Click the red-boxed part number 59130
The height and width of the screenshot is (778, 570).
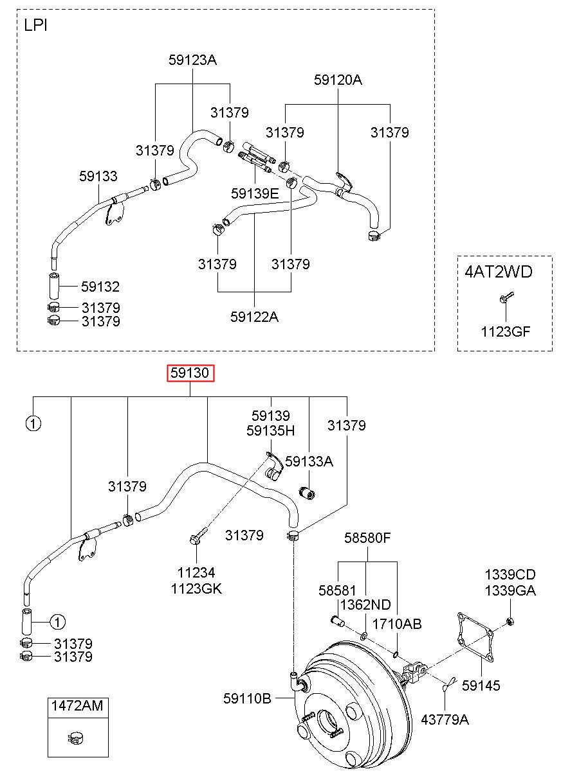(x=190, y=373)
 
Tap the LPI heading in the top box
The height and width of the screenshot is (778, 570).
(x=35, y=26)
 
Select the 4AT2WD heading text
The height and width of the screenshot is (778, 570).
(x=499, y=272)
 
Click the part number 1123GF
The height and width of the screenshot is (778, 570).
(x=505, y=332)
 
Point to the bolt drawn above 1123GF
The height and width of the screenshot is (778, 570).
(x=506, y=297)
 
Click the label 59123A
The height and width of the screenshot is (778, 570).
(x=192, y=60)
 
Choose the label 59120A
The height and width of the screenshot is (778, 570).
(x=338, y=80)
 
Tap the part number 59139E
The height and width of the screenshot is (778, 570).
(x=255, y=193)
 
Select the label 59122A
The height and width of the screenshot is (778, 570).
(x=254, y=317)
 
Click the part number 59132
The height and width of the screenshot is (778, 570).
(x=100, y=287)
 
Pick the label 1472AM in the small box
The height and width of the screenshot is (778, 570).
(x=77, y=706)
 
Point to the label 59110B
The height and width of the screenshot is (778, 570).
(x=247, y=698)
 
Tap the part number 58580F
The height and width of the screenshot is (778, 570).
(x=367, y=538)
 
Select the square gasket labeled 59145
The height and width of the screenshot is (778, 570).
(x=475, y=638)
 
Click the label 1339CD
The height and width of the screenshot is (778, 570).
(x=510, y=575)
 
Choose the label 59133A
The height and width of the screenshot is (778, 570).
(x=309, y=461)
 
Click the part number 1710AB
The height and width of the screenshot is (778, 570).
(x=397, y=624)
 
